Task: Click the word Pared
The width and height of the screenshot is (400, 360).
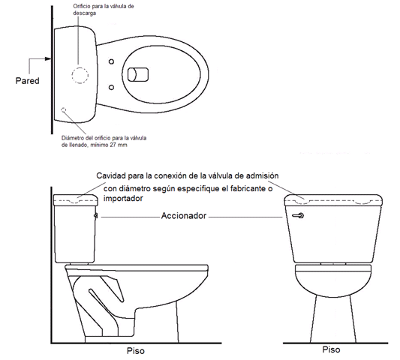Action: [27, 81]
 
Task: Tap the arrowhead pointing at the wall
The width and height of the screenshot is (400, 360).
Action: [48, 59]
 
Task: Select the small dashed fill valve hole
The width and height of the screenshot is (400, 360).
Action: [64, 110]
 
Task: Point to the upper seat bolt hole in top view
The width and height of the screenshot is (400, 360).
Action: [111, 61]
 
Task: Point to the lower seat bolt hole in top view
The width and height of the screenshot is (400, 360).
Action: [111, 88]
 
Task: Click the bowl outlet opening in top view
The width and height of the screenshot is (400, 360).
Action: [138, 75]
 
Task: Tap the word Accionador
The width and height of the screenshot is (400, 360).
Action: [184, 216]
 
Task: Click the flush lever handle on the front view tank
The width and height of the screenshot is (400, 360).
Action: [298, 216]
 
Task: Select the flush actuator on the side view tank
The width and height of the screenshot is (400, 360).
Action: [96, 216]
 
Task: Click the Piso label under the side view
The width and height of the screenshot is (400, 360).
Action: [135, 351]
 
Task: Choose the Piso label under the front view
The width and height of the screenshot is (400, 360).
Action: [331, 349]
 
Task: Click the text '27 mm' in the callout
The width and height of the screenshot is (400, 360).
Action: [119, 145]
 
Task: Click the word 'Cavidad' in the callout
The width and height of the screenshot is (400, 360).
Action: [111, 175]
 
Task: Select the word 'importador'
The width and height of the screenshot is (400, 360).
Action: [123, 198]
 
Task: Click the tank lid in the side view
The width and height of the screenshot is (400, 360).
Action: [76, 200]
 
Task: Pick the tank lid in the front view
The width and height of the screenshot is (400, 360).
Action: [333, 200]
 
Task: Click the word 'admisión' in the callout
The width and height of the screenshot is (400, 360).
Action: [262, 175]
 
